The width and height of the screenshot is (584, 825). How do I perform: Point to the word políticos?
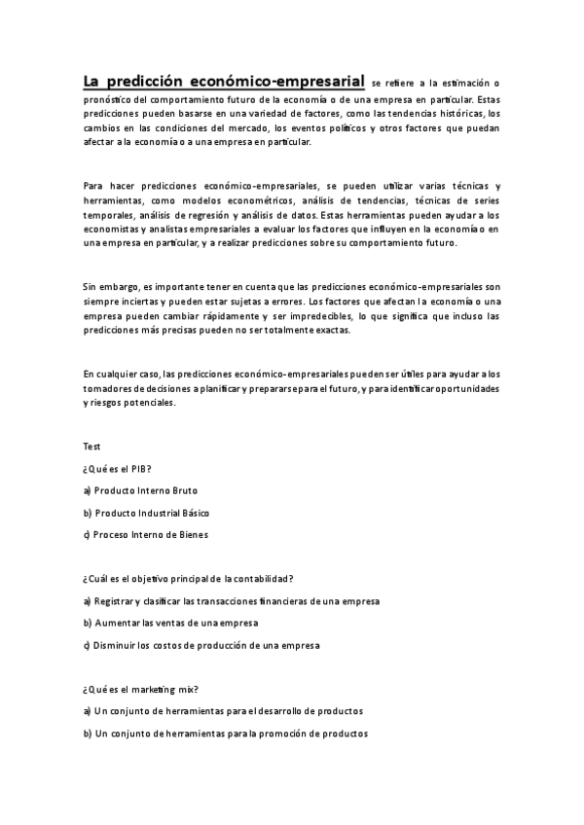(x=345, y=128)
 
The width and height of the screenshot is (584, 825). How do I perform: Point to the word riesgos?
(x=98, y=403)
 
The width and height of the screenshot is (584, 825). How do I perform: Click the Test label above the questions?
(x=91, y=447)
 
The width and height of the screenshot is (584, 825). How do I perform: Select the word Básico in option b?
(x=189, y=512)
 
